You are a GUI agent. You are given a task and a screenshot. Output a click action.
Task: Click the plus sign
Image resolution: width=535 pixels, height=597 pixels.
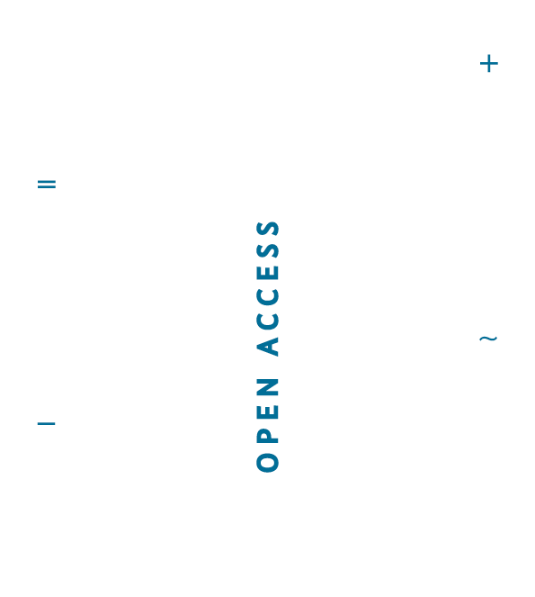[489, 64]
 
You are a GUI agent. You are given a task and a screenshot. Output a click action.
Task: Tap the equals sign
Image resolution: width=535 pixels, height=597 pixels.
[47, 184]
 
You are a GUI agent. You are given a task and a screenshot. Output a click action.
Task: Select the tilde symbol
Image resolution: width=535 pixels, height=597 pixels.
[488, 338]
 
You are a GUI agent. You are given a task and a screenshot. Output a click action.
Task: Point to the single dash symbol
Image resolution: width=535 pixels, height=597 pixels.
[47, 423]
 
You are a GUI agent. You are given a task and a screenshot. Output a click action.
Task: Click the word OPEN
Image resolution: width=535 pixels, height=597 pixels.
[268, 425]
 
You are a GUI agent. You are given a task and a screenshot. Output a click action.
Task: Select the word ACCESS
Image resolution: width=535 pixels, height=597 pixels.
[268, 288]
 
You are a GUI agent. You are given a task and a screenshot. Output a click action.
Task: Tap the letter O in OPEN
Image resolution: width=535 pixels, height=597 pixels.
[268, 463]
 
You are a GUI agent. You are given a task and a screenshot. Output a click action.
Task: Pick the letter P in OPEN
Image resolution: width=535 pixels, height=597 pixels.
[268, 436]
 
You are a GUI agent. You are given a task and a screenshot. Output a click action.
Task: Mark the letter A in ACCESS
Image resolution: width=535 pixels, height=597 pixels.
[268, 347]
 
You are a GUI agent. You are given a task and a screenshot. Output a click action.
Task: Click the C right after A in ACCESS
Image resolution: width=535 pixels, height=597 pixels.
[268, 321]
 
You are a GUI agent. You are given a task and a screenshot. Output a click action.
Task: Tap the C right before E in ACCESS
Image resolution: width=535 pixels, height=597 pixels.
[268, 297]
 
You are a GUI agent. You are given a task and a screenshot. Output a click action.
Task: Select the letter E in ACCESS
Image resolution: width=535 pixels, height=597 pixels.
[268, 273]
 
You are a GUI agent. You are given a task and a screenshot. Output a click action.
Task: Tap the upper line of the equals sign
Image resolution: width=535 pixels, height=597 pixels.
[47, 181]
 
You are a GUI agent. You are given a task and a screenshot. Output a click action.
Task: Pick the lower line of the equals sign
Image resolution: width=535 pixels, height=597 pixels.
[47, 187]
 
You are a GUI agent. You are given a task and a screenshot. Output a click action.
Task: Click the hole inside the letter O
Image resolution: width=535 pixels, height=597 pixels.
[268, 463]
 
